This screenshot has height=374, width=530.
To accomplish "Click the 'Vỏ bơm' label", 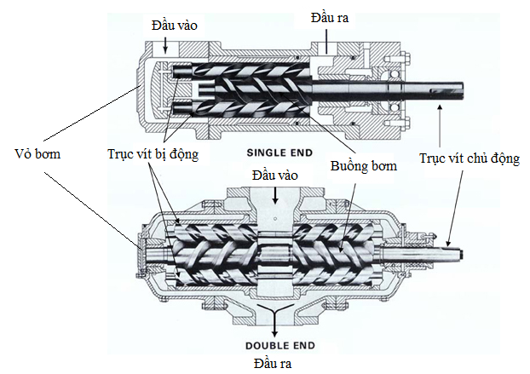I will [x=38, y=156].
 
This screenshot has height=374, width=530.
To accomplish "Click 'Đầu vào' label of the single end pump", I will [x=175, y=26].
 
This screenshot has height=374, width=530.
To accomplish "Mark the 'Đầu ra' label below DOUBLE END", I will [x=273, y=363].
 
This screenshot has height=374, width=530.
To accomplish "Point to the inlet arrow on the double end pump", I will [x=274, y=192].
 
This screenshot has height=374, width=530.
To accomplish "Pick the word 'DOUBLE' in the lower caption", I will [x=263, y=347].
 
